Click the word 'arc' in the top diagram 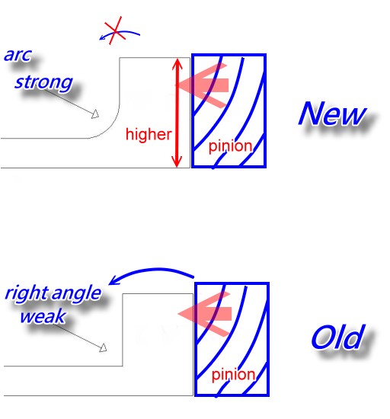[18, 56]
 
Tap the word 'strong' [43, 82]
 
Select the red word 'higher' [149, 134]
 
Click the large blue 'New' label [332, 114]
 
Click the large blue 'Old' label [338, 337]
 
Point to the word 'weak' [43, 316]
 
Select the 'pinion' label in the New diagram [230, 147]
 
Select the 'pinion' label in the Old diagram [233, 375]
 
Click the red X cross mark [115, 30]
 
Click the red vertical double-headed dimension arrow [177, 113]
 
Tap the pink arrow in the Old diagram [205, 314]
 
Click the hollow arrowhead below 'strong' [95, 114]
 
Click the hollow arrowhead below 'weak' [104, 348]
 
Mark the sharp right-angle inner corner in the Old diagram [123, 366]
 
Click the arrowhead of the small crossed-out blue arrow [102, 37]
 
